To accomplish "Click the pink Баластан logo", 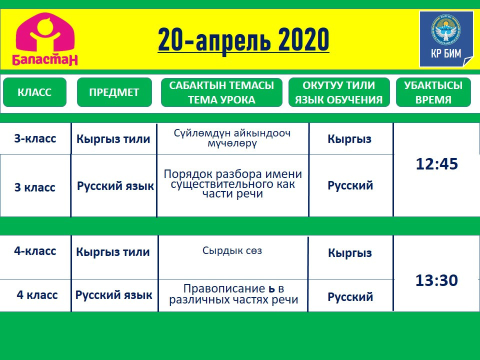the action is click(x=45, y=39).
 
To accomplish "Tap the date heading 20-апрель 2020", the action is click(x=243, y=40).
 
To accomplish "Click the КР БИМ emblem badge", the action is click(x=446, y=39).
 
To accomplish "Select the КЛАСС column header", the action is click(x=34, y=92).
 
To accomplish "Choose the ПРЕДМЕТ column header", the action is click(x=114, y=92).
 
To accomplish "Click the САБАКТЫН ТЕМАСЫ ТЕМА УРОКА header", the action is click(x=221, y=92).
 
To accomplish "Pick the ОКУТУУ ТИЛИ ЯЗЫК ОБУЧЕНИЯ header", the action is click(x=339, y=92).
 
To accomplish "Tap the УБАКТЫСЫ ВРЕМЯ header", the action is click(x=433, y=92).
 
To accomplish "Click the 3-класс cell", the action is click(x=35, y=138).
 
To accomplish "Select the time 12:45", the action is click(x=437, y=164).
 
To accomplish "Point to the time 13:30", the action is click(x=436, y=280).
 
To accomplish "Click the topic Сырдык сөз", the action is click(x=232, y=250).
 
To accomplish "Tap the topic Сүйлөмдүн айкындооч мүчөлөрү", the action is click(x=232, y=138).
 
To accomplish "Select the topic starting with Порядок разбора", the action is click(x=232, y=184).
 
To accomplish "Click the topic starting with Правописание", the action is click(x=233, y=294).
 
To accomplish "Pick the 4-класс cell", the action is click(x=35, y=251).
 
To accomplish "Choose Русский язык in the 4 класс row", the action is click(x=114, y=295).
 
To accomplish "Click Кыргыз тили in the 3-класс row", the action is click(x=113, y=139).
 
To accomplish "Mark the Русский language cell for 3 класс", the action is click(x=350, y=185).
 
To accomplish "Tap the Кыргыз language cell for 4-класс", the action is click(x=350, y=253).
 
